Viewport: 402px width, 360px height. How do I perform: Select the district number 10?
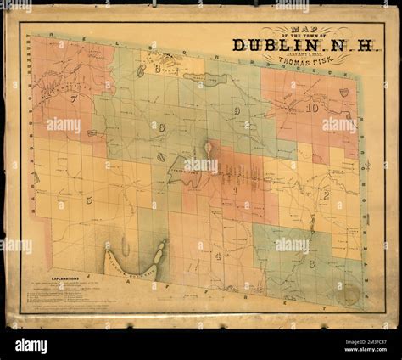pyautogui.click(x=312, y=109)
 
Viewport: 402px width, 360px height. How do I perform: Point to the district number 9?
pyautogui.click(x=239, y=110)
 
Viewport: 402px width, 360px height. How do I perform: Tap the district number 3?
pyautogui.click(x=311, y=264)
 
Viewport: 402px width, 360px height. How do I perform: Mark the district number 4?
pyautogui.click(x=218, y=254)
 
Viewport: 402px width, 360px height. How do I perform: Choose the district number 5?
pyautogui.click(x=89, y=200)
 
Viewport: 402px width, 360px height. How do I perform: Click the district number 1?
pyautogui.click(x=235, y=191)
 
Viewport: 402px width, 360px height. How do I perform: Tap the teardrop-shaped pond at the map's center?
pyautogui.click(x=208, y=149)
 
